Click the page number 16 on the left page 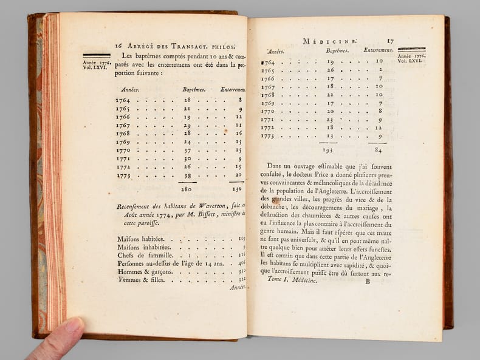tap(118, 46)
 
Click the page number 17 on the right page tap(390, 41)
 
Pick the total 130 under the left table tap(236, 189)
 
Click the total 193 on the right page tap(329, 149)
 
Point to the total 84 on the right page tap(378, 149)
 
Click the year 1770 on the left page tap(123, 150)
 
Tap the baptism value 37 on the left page tap(188, 150)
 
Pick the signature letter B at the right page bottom tap(366, 281)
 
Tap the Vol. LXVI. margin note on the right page tap(411, 61)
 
